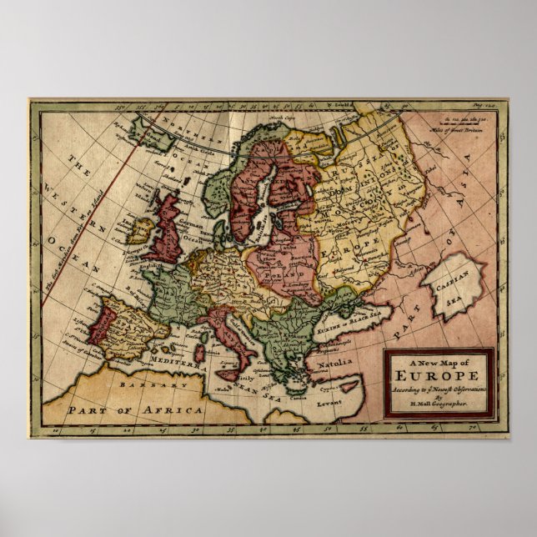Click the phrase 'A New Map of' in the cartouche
(x=439, y=363)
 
